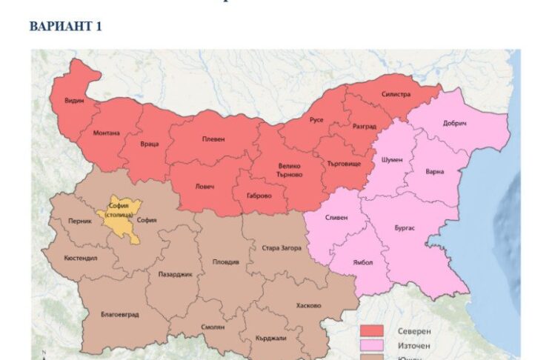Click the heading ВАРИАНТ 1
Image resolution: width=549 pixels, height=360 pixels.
tap(66, 27)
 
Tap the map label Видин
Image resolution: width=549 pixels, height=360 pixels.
tap(73, 99)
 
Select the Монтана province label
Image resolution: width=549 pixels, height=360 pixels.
tap(106, 133)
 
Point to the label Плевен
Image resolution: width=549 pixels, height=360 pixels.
tap(213, 139)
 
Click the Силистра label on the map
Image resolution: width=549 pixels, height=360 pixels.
tap(396, 95)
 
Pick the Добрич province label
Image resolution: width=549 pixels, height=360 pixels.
tap(454, 123)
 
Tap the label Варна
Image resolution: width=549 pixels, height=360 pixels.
tap(435, 172)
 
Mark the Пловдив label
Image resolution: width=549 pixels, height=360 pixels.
tap(226, 261)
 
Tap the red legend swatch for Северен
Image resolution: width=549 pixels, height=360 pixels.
tap(372, 330)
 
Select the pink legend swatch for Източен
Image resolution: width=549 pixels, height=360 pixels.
tap(372, 346)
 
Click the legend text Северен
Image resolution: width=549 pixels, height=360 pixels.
tap(411, 330)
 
